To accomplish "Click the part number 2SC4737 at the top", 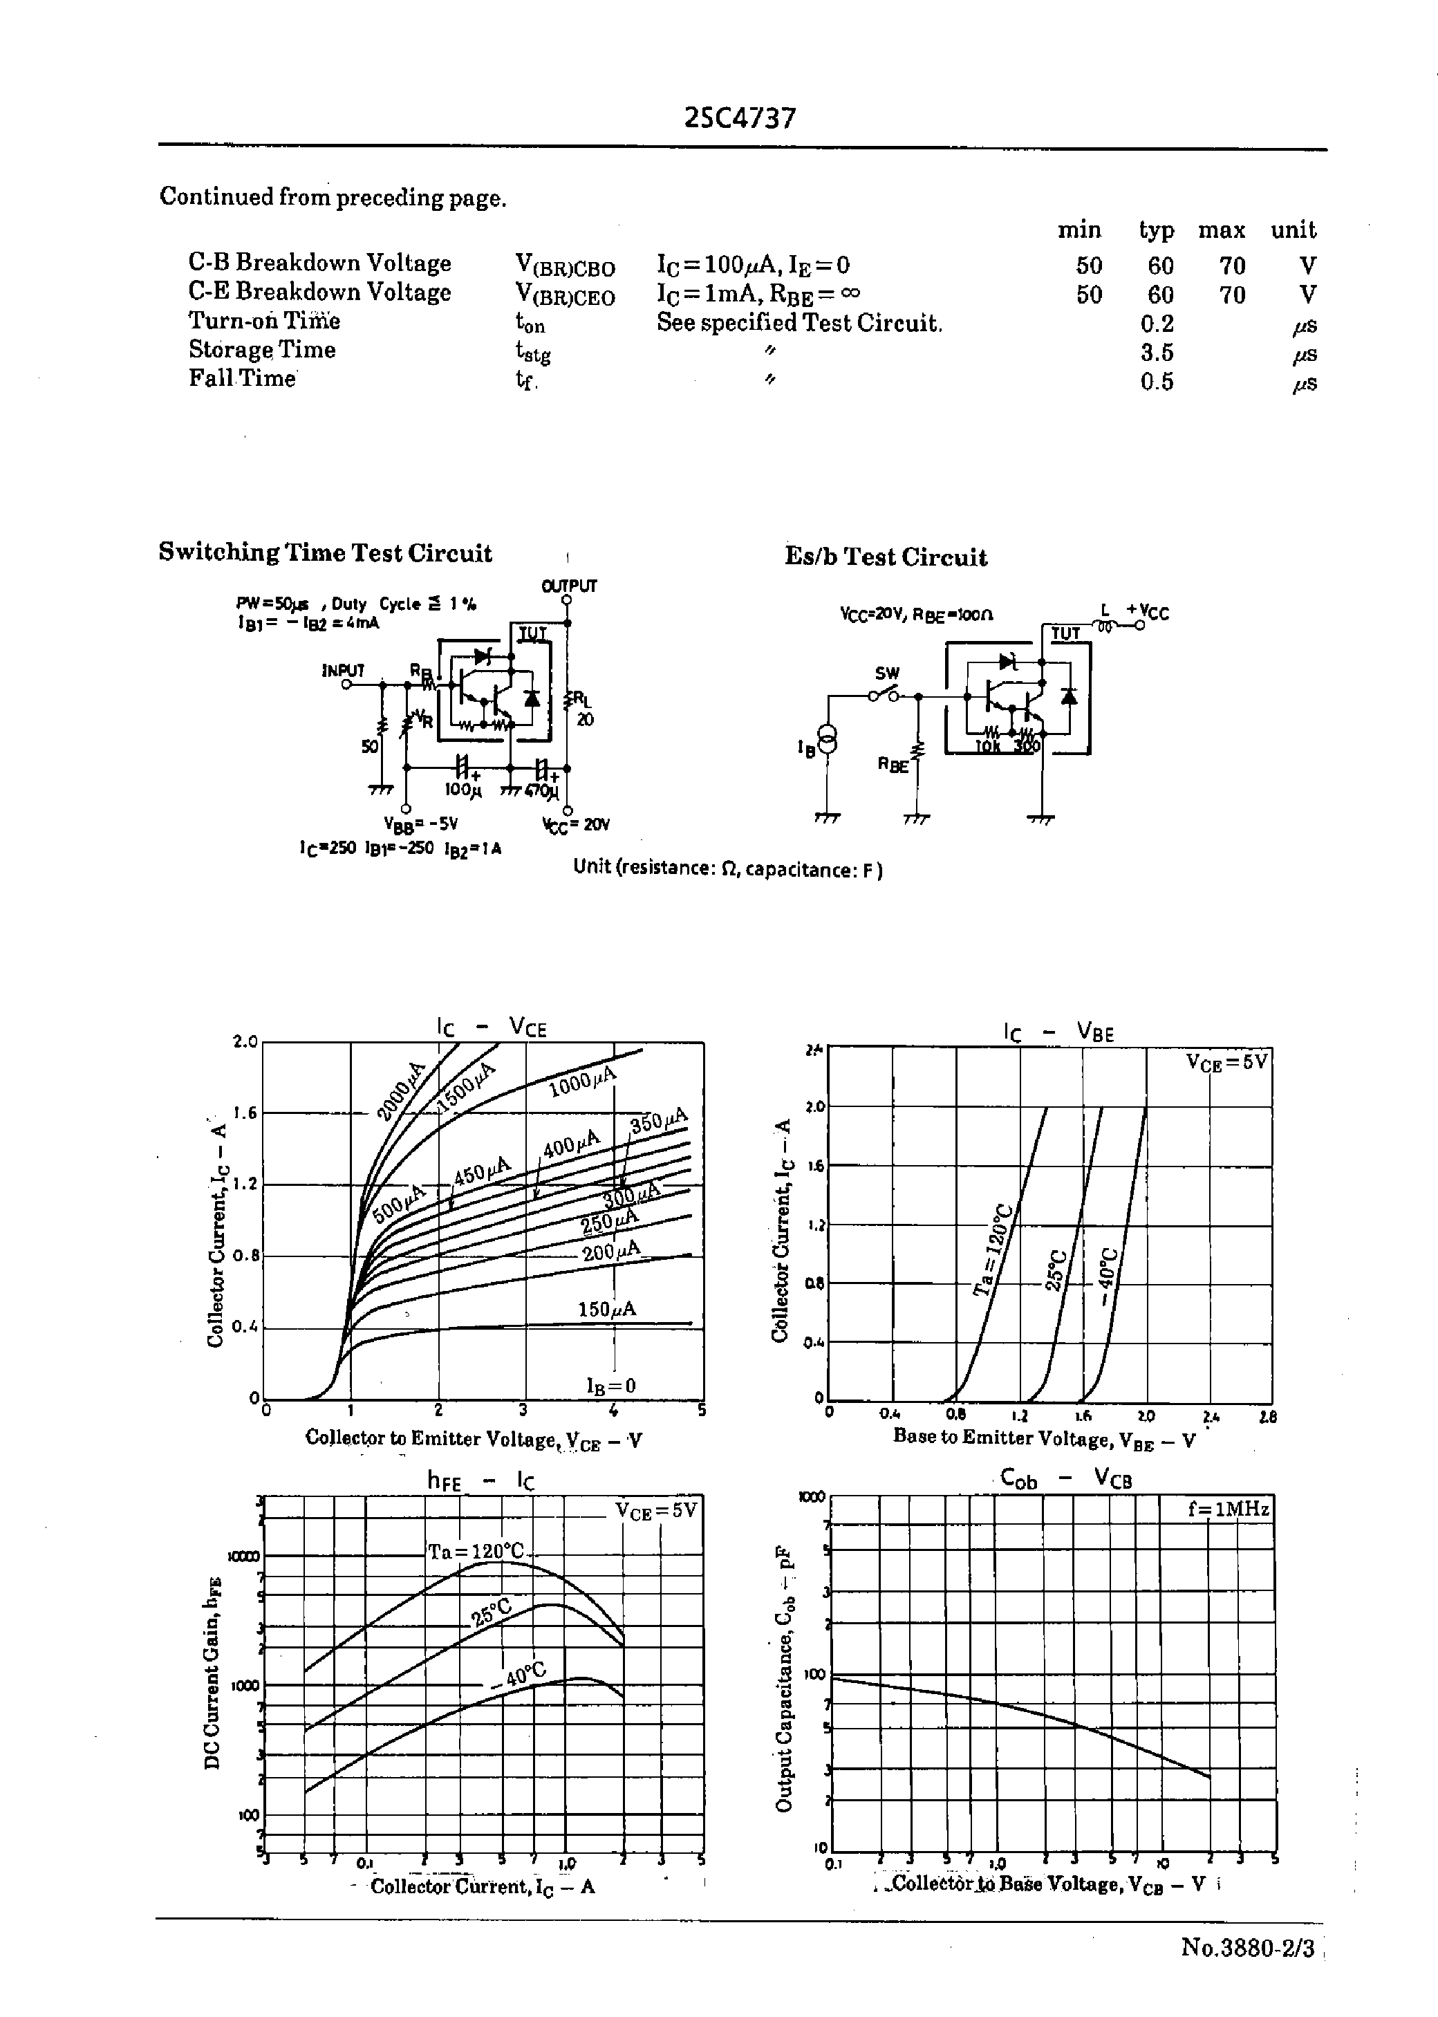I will pyautogui.click(x=740, y=118).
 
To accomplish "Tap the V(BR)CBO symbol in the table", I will pyautogui.click(x=565, y=266).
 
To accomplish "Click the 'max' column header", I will pyautogui.click(x=1221, y=230).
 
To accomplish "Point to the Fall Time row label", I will pyautogui.click(x=242, y=378).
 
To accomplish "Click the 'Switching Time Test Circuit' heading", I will pyautogui.click(x=325, y=552).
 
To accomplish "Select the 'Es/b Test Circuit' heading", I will pyautogui.click(x=886, y=557).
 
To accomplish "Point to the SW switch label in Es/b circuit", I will pyautogui.click(x=886, y=673).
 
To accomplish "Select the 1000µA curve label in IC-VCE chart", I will pyautogui.click(x=581, y=1082).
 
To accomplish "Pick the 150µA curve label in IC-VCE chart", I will pyautogui.click(x=606, y=1309).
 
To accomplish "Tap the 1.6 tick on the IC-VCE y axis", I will pyautogui.click(x=244, y=1113).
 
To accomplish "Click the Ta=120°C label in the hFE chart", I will pyautogui.click(x=476, y=1551).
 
